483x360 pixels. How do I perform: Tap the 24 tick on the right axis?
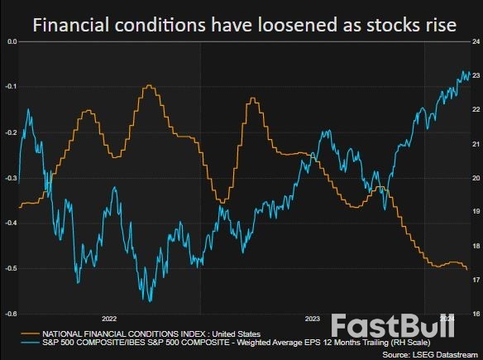point(476,41)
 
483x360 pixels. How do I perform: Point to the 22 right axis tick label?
point(476,109)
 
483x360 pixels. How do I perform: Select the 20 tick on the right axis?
point(476,178)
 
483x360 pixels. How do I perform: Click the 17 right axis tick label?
point(476,281)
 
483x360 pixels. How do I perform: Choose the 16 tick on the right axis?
point(476,314)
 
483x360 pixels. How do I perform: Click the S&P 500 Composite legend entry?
point(207,342)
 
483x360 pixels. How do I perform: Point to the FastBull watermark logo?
point(393,326)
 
